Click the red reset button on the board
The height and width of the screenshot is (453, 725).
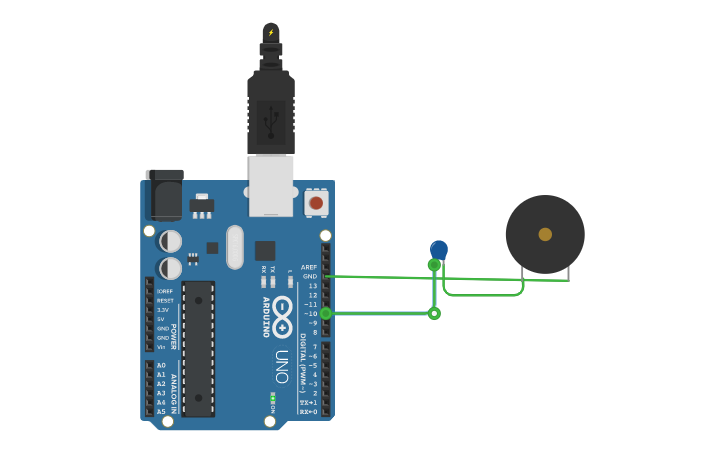[x=316, y=203]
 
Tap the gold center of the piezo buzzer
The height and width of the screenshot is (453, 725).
[x=545, y=234]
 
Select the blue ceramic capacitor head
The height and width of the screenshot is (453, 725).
[x=439, y=249]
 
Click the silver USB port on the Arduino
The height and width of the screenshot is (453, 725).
[x=271, y=185]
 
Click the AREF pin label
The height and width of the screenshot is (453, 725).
[x=310, y=267]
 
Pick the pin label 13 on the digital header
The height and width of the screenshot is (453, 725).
[x=313, y=286]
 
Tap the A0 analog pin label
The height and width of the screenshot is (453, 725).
[x=161, y=365]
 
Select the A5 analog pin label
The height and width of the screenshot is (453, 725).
[x=161, y=411]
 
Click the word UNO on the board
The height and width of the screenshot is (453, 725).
[x=282, y=366]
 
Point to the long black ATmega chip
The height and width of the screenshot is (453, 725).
[x=198, y=348]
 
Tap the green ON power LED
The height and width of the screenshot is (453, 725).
[x=272, y=398]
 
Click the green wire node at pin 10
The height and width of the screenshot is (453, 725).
[x=325, y=313]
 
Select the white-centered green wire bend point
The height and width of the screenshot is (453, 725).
[x=434, y=313]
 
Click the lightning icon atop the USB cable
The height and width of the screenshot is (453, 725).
[x=270, y=32]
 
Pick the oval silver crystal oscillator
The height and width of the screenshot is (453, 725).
[x=235, y=247]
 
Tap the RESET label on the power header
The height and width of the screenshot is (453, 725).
[x=165, y=300]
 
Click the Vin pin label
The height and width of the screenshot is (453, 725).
[x=162, y=347]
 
